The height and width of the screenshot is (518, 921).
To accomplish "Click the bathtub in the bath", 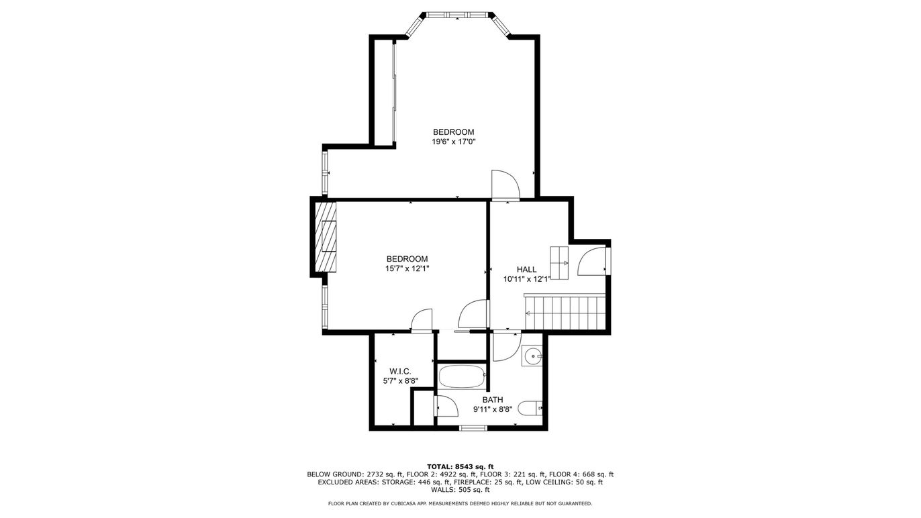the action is pos(462,376).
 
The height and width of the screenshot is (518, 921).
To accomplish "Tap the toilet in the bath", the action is pos(530,408).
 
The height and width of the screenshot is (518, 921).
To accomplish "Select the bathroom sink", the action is pos(532,356).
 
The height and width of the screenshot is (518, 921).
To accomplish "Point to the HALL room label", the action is pos(526,270).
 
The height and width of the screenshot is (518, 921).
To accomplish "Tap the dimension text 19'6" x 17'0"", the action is pos(453,142).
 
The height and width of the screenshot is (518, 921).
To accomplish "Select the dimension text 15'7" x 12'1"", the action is pos(407,269).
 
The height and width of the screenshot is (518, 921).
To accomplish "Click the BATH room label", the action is pos(493,400).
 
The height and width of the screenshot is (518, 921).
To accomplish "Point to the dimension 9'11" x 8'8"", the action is pos(493,409).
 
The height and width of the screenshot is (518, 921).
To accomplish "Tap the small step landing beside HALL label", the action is pos(559,263).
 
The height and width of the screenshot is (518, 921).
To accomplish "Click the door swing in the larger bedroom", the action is pos(505,185).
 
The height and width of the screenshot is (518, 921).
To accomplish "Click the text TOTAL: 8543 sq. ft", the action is pos(460,466).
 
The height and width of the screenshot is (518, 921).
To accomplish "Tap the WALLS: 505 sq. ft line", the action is pos(460,490).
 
